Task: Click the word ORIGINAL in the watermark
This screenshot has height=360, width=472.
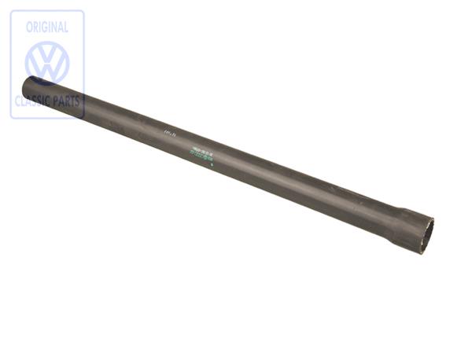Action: [46, 27]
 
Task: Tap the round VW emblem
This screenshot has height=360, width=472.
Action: [47, 63]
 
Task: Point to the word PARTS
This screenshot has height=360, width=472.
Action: [66, 101]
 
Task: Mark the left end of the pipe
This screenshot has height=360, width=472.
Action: [29, 85]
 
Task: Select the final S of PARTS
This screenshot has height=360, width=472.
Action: [79, 101]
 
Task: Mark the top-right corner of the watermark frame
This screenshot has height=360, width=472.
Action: [83, 11]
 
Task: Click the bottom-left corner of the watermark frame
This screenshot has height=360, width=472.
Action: [11, 118]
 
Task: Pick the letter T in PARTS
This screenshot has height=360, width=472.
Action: [73, 101]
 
